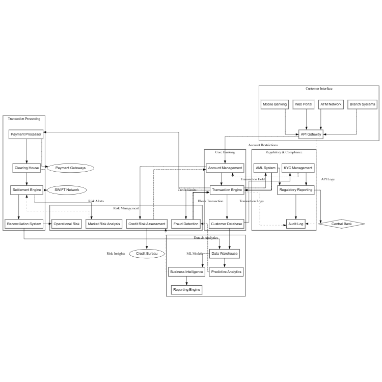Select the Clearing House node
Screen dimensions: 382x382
coord(26,168)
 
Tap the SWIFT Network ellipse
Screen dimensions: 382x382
coord(67,190)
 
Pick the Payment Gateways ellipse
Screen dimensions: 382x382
coord(70,168)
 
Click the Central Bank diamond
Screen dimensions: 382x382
coord(342,224)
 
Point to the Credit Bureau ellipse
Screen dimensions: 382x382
coord(147,253)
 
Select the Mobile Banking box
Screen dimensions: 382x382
coord(275,104)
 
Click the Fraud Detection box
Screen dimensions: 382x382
coord(186,224)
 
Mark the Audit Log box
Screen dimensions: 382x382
coord(296,224)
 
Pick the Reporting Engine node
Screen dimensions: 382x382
coord(187,290)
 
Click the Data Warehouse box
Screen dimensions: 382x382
coord(225,253)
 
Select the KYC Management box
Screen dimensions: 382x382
coord(298,168)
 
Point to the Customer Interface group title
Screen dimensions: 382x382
coord(319,89)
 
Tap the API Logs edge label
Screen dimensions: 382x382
coord(328,179)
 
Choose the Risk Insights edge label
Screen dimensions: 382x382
coord(116,253)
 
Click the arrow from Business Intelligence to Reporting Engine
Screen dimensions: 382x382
coord(187,281)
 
